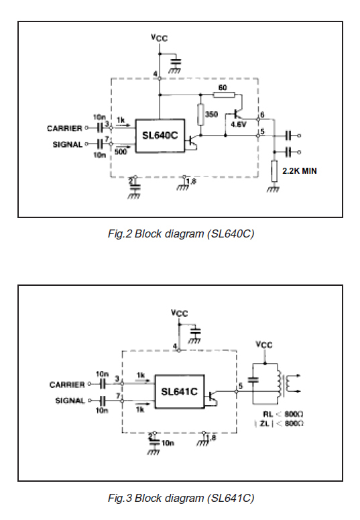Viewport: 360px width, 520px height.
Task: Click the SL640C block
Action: pyautogui.click(x=160, y=136)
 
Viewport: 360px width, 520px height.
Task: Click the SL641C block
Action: pyautogui.click(x=180, y=392)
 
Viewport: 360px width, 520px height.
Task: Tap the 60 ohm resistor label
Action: pyautogui.click(x=223, y=87)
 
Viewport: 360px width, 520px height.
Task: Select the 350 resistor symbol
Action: pyautogui.click(x=200, y=115)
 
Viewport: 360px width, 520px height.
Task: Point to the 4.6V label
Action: pyautogui.click(x=239, y=124)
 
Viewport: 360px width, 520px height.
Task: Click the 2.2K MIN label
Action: pyautogui.click(x=300, y=171)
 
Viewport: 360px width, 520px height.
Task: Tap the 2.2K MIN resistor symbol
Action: pyautogui.click(x=274, y=171)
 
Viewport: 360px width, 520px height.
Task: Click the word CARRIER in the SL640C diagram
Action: pyautogui.click(x=64, y=128)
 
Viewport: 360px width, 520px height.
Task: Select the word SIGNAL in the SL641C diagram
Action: pyautogui.click(x=70, y=401)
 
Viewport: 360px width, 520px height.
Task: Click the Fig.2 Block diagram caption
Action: pyautogui.click(x=181, y=233)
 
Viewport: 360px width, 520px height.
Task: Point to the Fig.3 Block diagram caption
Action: pyautogui.click(x=181, y=498)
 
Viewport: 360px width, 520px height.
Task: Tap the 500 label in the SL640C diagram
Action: pyautogui.click(x=121, y=152)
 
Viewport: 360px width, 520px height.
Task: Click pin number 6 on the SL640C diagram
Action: pyautogui.click(x=262, y=115)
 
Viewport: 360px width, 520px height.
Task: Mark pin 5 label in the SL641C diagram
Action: pyautogui.click(x=241, y=386)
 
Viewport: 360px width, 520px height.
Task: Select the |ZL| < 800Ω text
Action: pyautogui.click(x=279, y=423)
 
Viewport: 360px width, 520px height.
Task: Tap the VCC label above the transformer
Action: pyautogui.click(x=264, y=345)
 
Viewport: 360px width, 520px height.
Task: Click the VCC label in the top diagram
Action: pyautogui.click(x=160, y=38)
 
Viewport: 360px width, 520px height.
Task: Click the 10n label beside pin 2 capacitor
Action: pyautogui.click(x=168, y=443)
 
